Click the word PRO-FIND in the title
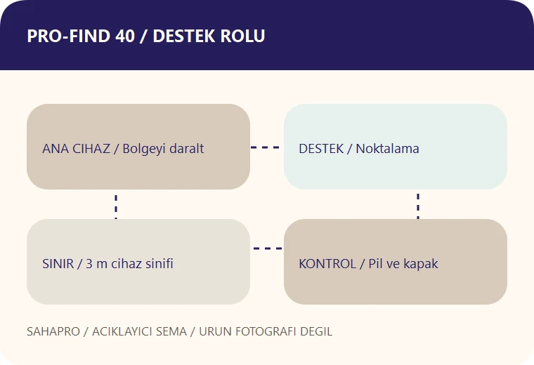click(68, 36)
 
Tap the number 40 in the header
click(125, 36)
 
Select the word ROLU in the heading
click(242, 36)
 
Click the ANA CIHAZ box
click(138, 147)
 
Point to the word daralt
click(187, 149)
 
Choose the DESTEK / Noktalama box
click(396, 147)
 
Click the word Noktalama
click(388, 149)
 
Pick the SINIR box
click(138, 262)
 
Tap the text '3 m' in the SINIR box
click(96, 264)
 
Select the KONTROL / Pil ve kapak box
click(396, 262)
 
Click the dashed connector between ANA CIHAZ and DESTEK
click(265, 147)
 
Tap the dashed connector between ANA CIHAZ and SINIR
click(116, 207)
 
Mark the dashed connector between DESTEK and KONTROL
click(418, 206)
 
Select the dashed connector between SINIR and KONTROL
click(268, 248)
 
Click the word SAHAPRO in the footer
click(53, 331)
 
